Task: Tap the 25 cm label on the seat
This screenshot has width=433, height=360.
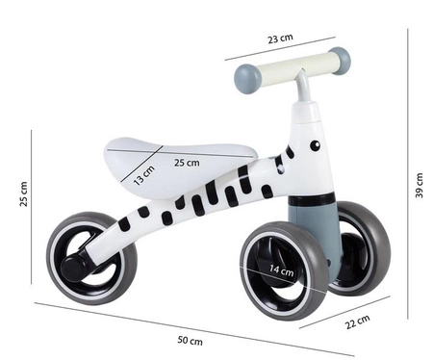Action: (x=187, y=163)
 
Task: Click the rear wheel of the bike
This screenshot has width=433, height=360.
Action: (x=90, y=258)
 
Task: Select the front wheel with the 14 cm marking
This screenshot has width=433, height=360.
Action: (x=285, y=270)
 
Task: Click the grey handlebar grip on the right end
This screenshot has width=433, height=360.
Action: (x=340, y=60)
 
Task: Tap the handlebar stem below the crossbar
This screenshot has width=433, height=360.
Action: (x=302, y=91)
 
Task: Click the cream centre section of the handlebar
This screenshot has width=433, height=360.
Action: (x=294, y=68)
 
